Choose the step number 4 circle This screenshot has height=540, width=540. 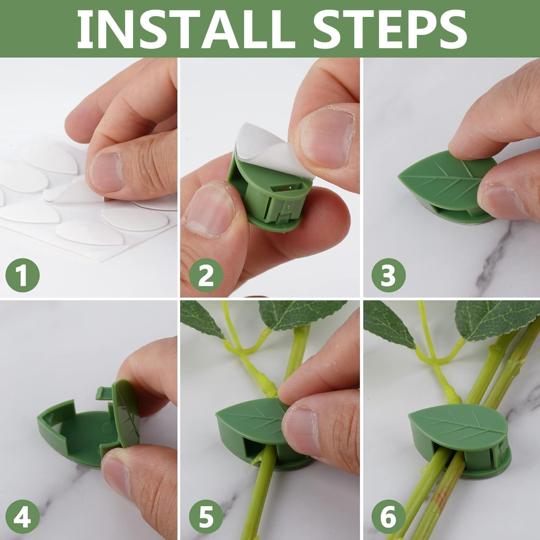click(22, 517)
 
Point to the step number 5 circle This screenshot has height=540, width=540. click(206, 517)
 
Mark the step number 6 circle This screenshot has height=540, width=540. click(388, 517)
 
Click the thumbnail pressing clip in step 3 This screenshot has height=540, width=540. click(497, 202)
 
